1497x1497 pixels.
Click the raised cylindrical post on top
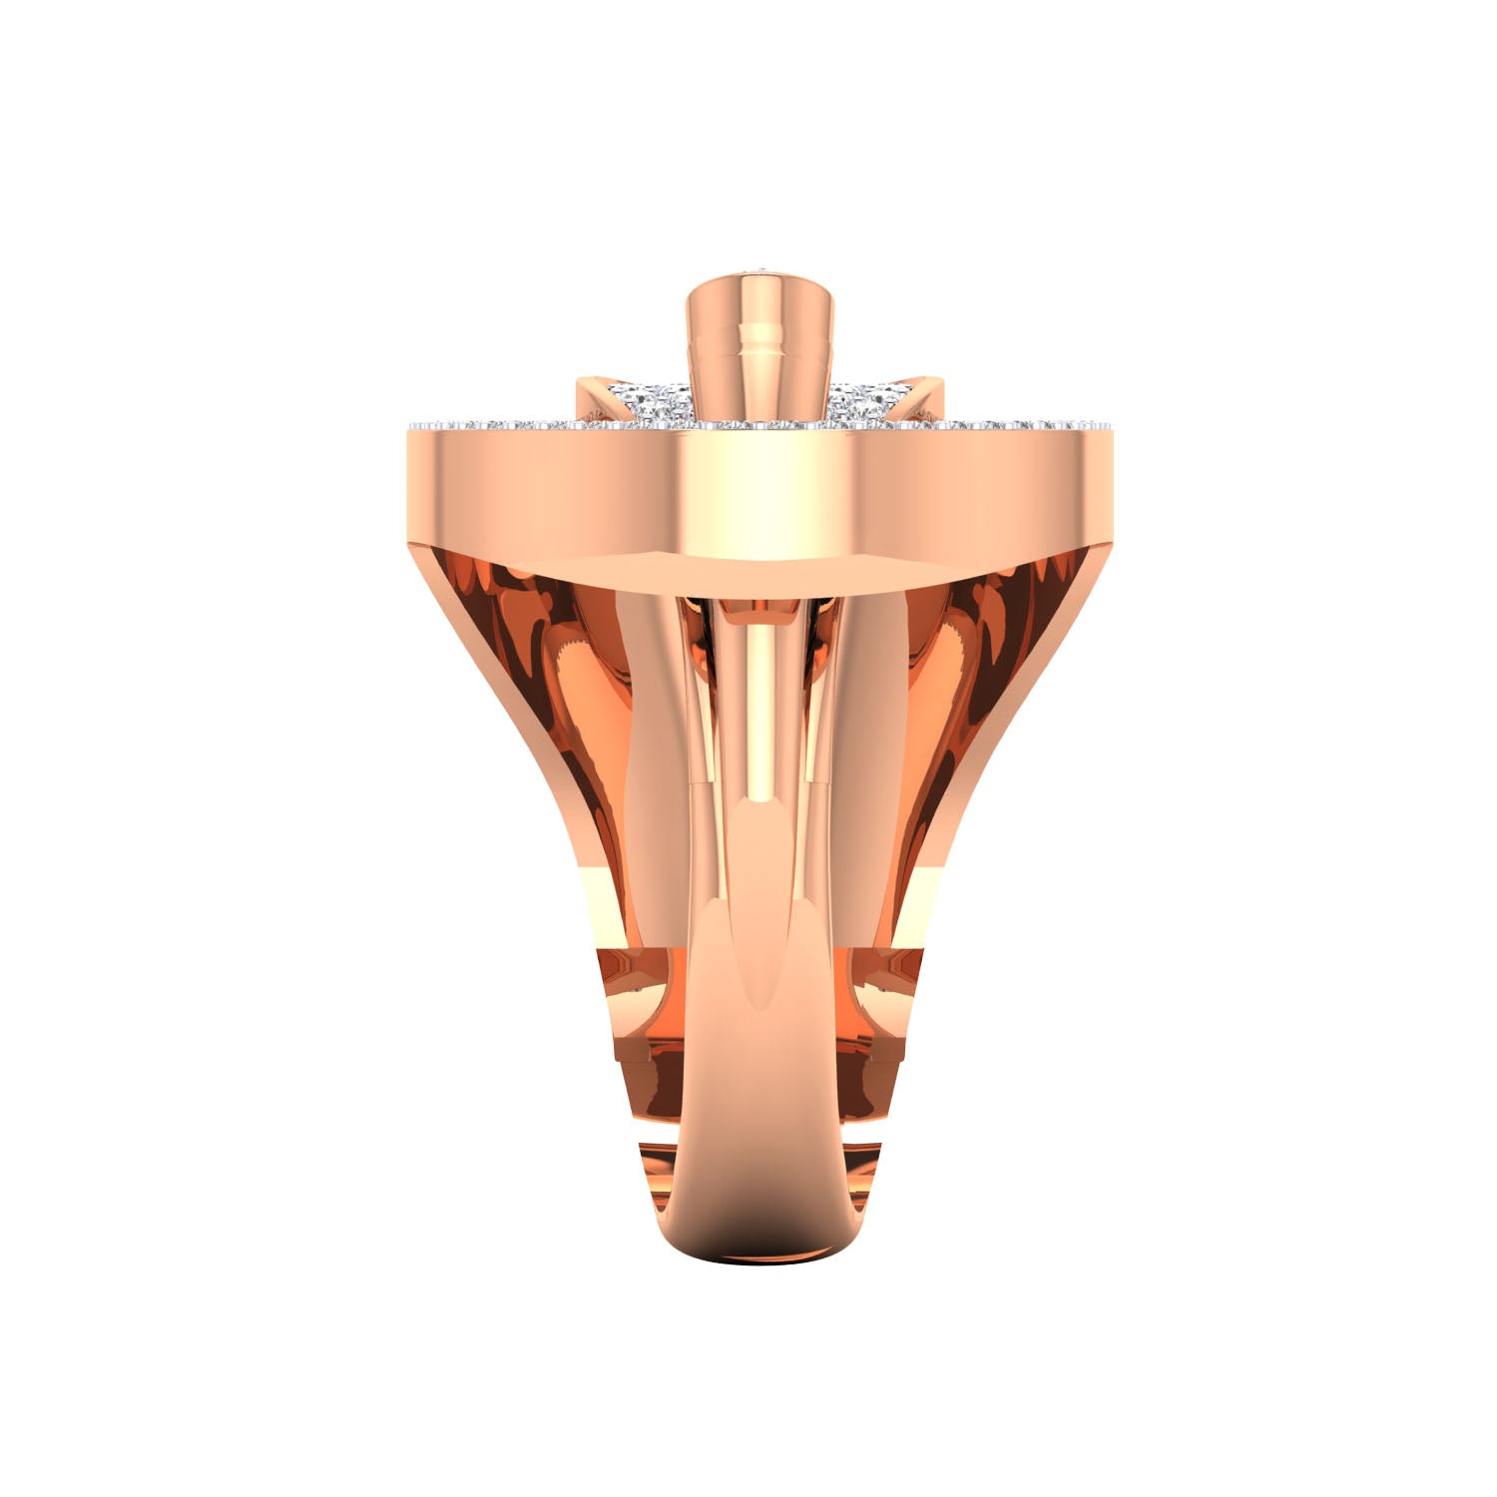click(x=758, y=369)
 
